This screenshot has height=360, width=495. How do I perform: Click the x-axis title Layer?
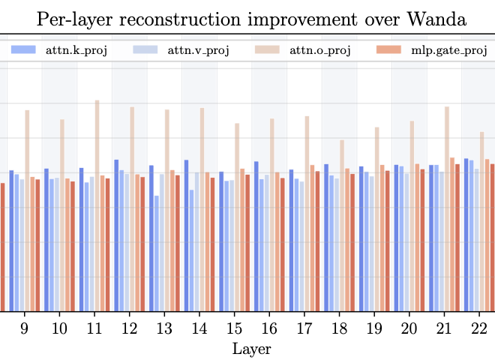251,349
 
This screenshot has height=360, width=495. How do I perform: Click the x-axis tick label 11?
94,328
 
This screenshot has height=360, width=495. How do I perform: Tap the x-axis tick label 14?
199,328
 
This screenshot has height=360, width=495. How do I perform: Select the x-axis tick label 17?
304,328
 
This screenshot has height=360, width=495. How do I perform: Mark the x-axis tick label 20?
409,328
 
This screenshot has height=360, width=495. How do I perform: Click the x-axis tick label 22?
478,328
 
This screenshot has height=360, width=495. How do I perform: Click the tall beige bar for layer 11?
97,205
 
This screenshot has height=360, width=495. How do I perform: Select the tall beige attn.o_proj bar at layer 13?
167,210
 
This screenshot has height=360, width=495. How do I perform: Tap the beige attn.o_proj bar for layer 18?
342,225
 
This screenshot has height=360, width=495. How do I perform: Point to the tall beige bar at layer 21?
447,208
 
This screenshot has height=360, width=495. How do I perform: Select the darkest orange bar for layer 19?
387,241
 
